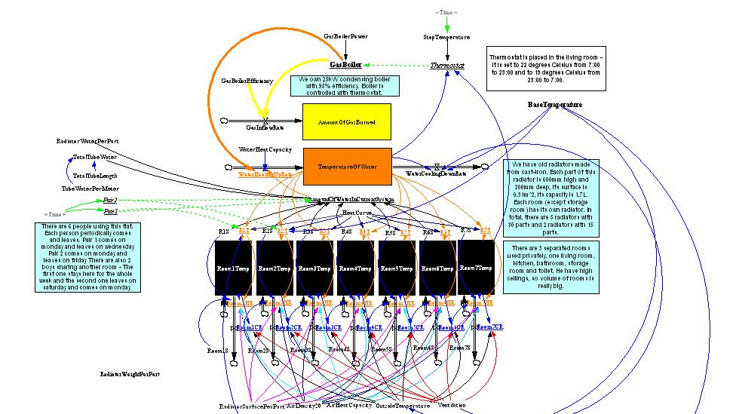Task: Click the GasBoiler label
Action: (346, 65)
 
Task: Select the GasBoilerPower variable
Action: (345, 36)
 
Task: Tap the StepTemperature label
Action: (446, 37)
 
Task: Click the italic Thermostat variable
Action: (447, 66)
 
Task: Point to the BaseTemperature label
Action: (555, 105)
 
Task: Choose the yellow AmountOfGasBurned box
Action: (346, 122)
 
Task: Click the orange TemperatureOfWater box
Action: (348, 166)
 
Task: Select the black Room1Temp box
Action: (232, 268)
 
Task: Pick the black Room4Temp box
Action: (354, 268)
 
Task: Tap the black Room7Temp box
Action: (476, 268)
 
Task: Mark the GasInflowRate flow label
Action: (264, 128)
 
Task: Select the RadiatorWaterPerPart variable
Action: (87, 141)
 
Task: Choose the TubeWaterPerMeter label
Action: (90, 189)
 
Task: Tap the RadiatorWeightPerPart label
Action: (130, 374)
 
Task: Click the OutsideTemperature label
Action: (403, 406)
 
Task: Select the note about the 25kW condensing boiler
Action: (345, 85)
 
